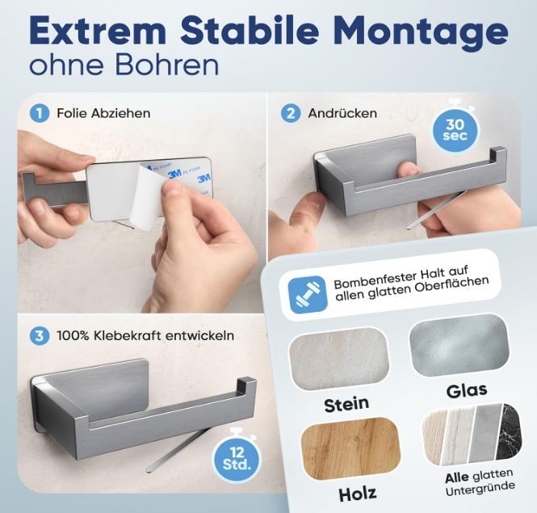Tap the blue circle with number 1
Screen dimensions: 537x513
(x=39, y=113)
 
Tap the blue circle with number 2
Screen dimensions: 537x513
(x=291, y=113)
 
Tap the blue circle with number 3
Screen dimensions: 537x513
(x=39, y=335)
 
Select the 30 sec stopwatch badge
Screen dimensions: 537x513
(x=455, y=128)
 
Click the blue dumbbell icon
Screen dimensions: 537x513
(x=307, y=294)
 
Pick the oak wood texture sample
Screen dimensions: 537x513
(x=351, y=448)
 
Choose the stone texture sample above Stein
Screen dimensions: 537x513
(x=339, y=360)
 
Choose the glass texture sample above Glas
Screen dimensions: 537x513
(x=459, y=346)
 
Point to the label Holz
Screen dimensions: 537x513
(x=358, y=494)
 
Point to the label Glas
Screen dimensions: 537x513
(x=467, y=391)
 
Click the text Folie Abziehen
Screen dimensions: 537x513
(x=103, y=113)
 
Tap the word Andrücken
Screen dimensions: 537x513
(x=342, y=113)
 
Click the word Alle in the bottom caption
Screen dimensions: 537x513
(x=457, y=477)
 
